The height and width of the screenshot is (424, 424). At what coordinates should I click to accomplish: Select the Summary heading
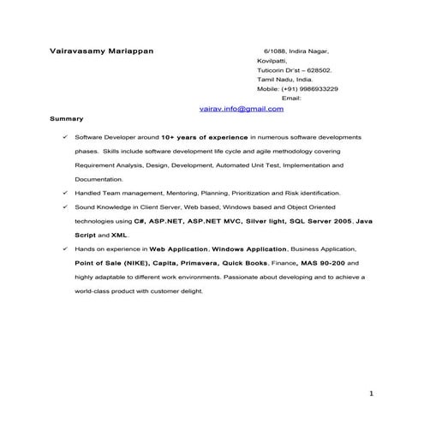click(66, 118)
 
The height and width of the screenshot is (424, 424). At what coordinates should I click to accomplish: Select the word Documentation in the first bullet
click(99, 179)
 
